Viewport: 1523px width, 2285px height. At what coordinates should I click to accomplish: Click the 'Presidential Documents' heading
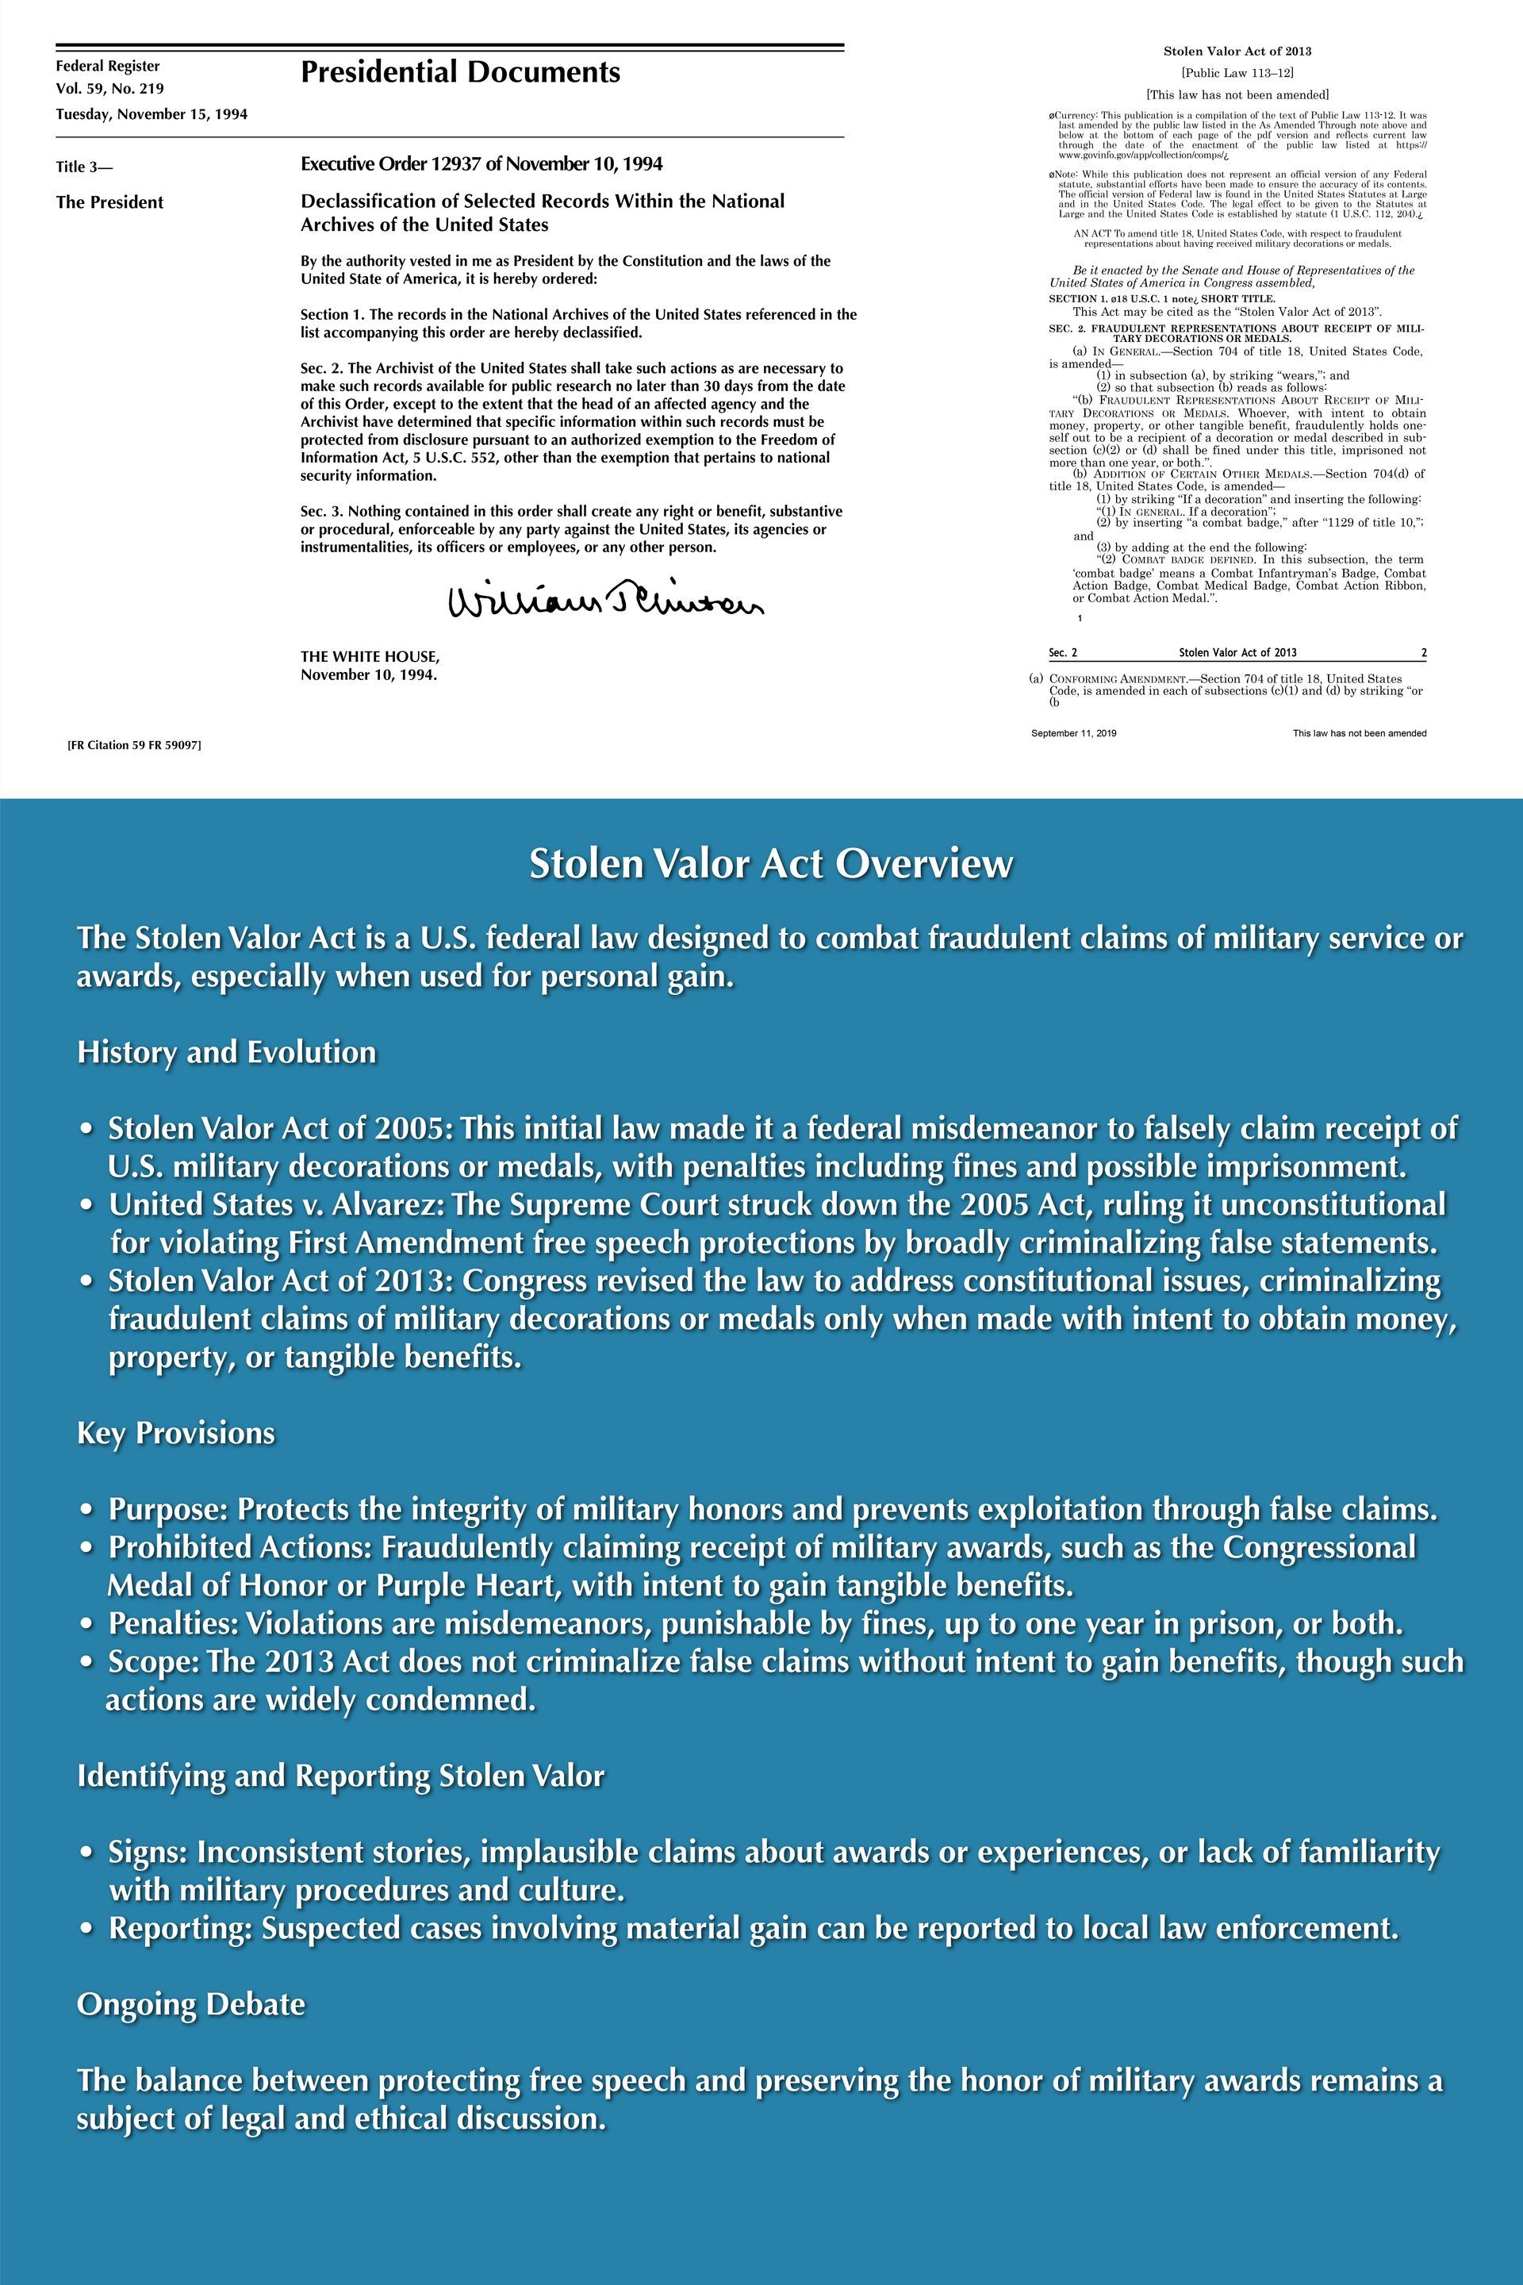(459, 73)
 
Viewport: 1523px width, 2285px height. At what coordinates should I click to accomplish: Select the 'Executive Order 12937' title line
(481, 164)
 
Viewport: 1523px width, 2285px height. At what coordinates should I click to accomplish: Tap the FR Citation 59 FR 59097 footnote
(134, 745)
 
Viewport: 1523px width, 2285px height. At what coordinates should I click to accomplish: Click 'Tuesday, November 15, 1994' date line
(152, 114)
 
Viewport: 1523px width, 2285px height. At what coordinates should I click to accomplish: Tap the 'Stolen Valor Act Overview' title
(770, 864)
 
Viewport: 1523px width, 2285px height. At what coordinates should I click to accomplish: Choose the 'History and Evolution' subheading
(226, 1052)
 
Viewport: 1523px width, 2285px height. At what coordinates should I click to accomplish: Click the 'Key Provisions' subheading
(176, 1433)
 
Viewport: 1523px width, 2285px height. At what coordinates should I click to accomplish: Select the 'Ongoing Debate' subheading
(191, 2004)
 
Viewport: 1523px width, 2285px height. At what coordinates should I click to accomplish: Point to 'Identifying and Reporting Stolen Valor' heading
(340, 1776)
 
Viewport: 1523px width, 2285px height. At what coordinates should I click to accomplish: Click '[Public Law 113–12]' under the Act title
(1237, 73)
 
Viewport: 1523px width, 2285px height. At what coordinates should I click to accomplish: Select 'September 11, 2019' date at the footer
(1073, 733)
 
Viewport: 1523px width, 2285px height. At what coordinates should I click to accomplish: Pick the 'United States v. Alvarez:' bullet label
(277, 1204)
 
